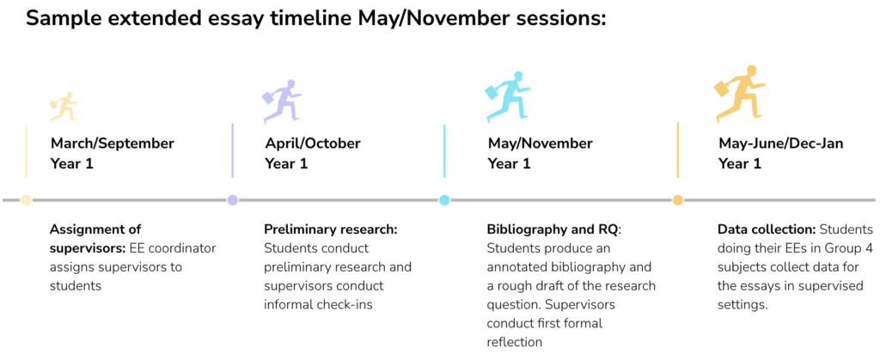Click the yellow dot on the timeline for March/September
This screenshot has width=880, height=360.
coord(26,199)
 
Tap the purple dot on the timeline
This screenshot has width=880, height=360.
coord(232,199)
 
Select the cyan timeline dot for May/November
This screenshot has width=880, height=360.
coord(444,199)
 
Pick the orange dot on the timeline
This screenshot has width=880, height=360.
coord(678,199)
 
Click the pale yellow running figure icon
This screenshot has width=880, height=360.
coord(63,107)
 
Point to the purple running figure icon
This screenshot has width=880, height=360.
coord(282,101)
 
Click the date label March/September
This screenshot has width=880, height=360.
coord(113,143)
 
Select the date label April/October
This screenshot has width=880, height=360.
coord(313,143)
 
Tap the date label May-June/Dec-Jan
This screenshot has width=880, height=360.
coord(780,143)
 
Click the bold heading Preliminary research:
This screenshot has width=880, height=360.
coord(331,229)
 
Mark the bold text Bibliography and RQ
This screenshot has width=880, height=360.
coord(554,229)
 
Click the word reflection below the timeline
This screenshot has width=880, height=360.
coord(515,342)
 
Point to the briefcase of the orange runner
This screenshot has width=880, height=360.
coord(722,88)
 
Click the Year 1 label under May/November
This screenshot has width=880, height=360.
coord(509,164)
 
